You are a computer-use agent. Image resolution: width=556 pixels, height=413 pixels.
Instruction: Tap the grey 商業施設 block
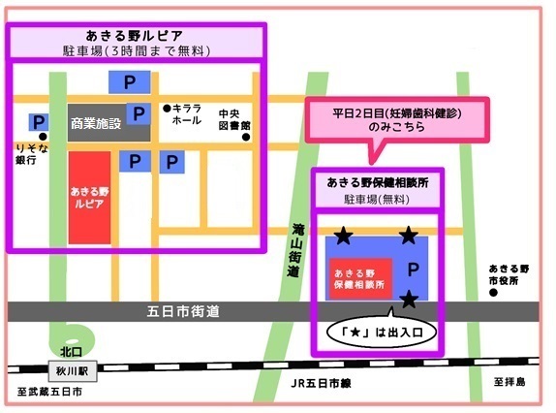(x=96, y=123)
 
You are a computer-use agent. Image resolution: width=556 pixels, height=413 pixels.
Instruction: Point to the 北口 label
(x=66, y=351)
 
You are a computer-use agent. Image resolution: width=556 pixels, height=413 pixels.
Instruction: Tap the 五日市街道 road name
(x=184, y=312)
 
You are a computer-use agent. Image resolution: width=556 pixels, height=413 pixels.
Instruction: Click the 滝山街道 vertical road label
(x=295, y=255)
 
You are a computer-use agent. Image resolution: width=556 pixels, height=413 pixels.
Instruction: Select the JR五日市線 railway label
(x=322, y=384)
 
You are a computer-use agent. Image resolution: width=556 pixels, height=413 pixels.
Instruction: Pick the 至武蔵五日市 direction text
(x=49, y=394)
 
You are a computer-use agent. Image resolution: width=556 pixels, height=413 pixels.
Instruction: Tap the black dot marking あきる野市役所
(x=495, y=295)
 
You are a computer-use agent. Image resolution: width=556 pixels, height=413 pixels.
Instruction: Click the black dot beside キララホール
(x=167, y=108)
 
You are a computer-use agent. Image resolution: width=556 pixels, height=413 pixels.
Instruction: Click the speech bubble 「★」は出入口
(x=383, y=331)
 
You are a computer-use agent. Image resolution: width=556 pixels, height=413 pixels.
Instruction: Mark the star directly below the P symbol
(x=410, y=300)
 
